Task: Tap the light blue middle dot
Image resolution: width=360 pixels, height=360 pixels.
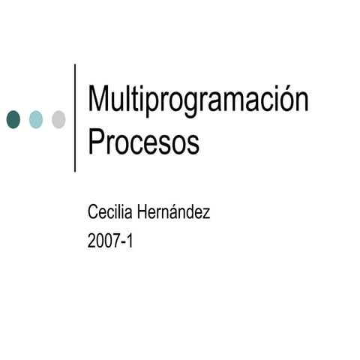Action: click(x=36, y=118)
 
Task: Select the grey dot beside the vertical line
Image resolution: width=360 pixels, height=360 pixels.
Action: click(x=58, y=118)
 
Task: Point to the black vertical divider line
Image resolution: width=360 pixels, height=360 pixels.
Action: click(x=76, y=118)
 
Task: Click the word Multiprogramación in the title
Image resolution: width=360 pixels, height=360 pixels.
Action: click(x=198, y=101)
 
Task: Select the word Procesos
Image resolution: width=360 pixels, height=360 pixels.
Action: click(x=144, y=142)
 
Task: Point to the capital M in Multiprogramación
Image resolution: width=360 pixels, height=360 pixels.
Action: click(x=99, y=100)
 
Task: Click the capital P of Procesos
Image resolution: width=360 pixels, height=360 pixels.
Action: click(x=96, y=142)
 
